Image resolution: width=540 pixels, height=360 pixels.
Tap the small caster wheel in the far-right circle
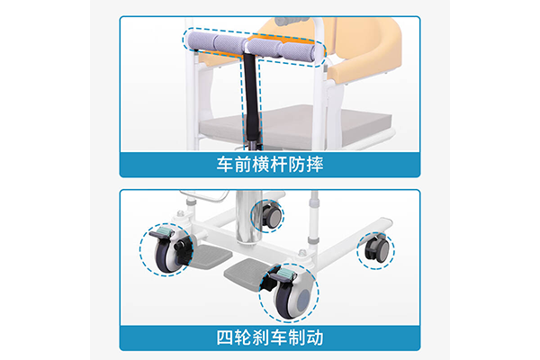375,249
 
